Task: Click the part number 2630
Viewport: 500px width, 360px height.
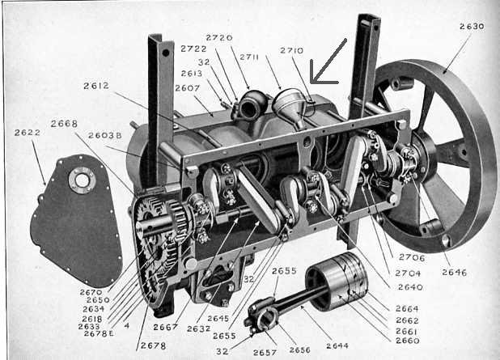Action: (471, 26)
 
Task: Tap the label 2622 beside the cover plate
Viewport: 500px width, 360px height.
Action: (28, 133)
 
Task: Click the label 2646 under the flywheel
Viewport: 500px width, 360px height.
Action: (454, 273)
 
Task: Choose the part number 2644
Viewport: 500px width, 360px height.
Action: (337, 346)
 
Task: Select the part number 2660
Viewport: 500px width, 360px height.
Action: (407, 341)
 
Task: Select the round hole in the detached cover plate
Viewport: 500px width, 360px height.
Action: (81, 180)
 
